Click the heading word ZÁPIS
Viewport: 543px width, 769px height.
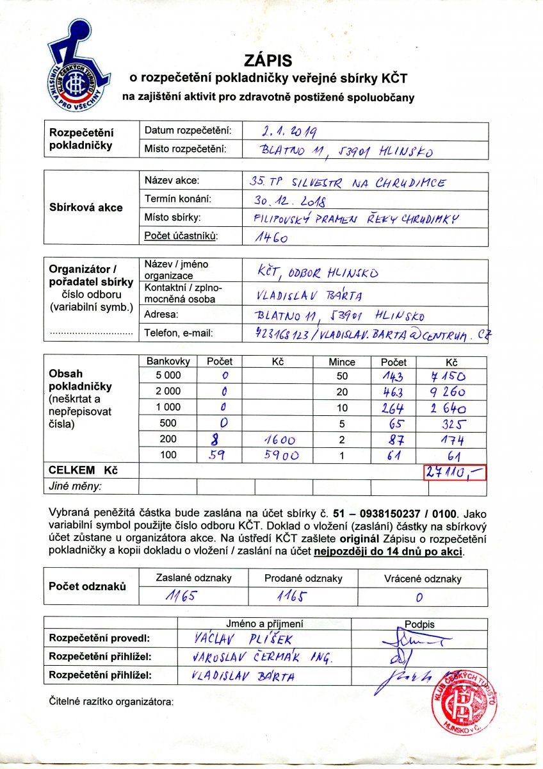tap(268, 61)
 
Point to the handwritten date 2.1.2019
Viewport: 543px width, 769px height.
tap(290, 132)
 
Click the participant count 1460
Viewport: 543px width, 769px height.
tap(272, 238)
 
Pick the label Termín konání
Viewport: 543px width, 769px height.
tap(177, 199)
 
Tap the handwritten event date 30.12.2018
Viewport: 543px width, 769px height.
tap(290, 201)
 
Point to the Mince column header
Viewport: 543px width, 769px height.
tap(341, 362)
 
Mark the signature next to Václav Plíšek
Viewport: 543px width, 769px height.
tap(412, 639)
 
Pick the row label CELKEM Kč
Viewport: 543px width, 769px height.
tap(83, 470)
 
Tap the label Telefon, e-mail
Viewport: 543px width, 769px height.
tap(178, 333)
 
